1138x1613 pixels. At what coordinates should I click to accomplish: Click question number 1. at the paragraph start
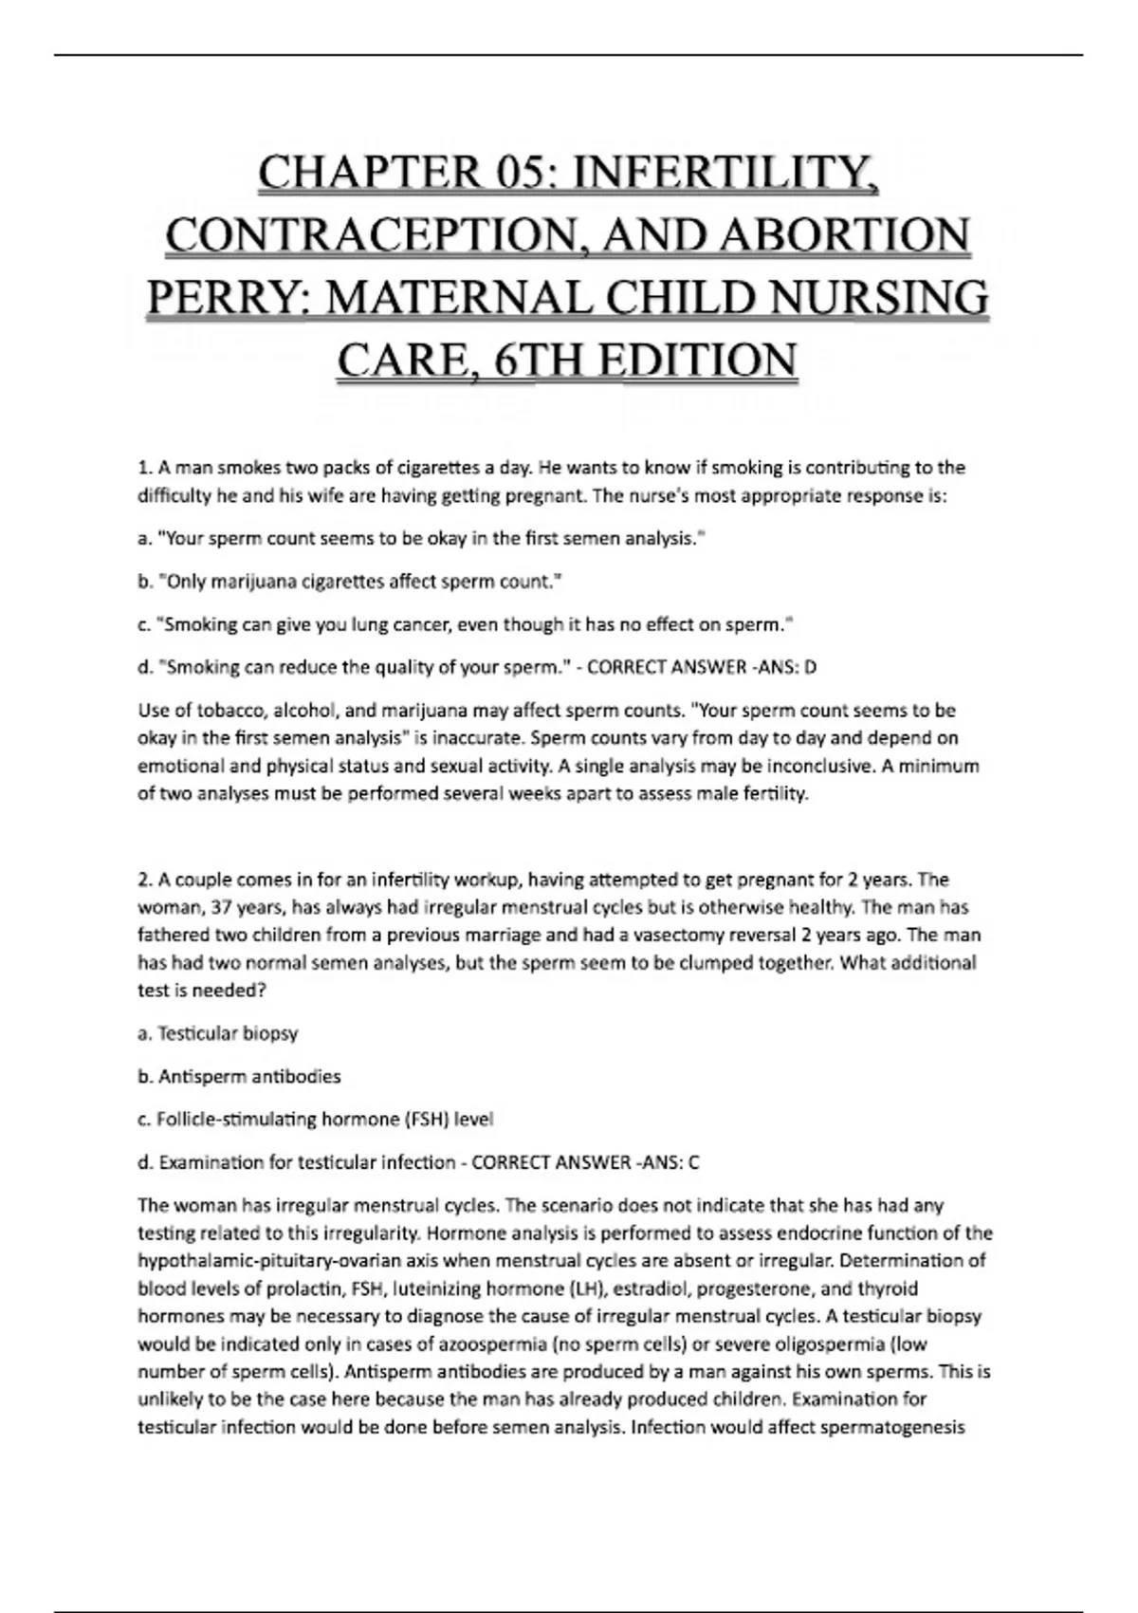pos(145,468)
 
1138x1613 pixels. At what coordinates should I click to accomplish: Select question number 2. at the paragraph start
pos(145,880)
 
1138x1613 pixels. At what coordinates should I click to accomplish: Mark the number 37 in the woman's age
pos(221,908)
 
